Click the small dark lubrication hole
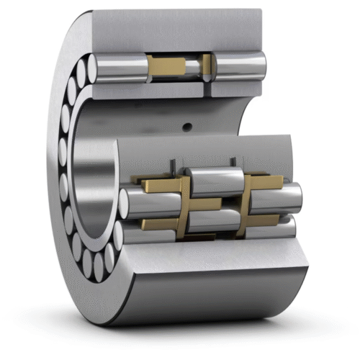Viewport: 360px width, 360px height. click(187, 128)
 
